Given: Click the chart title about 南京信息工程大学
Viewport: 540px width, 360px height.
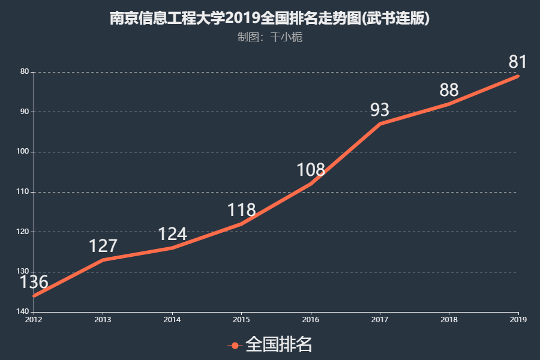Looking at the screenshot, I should [x=269, y=18].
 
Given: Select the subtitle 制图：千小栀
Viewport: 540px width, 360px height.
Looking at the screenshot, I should [x=269, y=37].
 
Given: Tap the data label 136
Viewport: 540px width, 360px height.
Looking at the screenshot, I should [x=34, y=281].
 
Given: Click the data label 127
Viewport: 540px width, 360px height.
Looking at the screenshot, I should [x=103, y=246].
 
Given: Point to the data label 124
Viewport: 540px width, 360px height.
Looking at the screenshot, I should [x=172, y=234].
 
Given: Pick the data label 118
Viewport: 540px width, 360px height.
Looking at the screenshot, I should [x=241, y=210].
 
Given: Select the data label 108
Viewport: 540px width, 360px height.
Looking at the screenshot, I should [x=311, y=170].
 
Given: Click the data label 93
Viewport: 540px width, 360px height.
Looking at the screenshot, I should [x=380, y=110].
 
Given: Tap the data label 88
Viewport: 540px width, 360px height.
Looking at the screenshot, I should [x=449, y=90].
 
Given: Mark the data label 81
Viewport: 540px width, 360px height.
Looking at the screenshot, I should [x=518, y=62].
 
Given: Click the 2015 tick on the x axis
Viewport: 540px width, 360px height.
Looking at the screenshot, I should [x=241, y=319].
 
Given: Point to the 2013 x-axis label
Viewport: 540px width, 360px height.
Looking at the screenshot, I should [x=103, y=319].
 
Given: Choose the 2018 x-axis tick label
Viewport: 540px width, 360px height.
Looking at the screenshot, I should [x=449, y=319].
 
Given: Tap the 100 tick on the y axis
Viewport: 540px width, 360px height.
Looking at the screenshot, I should [x=24, y=152].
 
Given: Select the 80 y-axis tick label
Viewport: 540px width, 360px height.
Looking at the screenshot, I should [x=25, y=72].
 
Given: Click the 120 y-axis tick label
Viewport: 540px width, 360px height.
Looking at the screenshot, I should [x=24, y=232].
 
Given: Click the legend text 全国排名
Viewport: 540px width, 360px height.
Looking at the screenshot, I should [x=279, y=344].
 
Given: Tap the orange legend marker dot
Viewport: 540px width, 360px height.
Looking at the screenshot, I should [x=235, y=345].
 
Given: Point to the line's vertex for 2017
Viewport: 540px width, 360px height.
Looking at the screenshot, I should [x=380, y=124].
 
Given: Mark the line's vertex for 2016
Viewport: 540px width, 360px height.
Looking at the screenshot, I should [x=311, y=184].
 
